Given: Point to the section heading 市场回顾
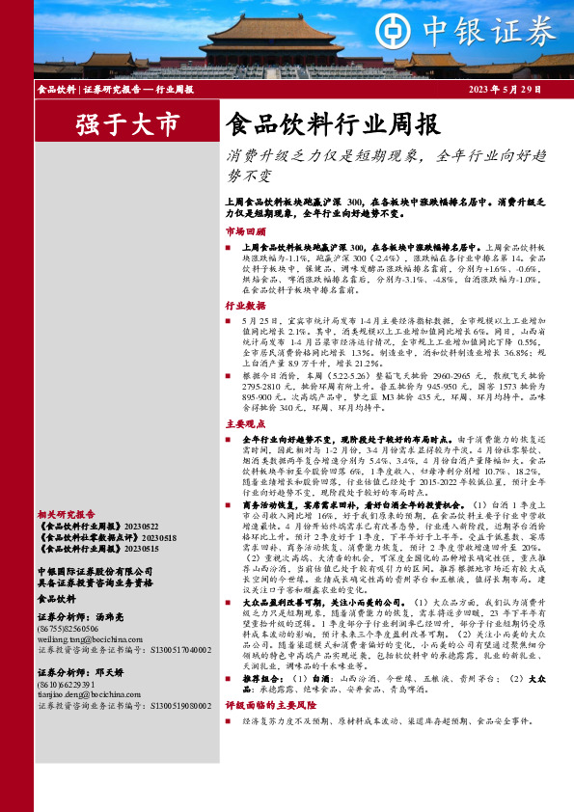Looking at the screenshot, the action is [x=245, y=232].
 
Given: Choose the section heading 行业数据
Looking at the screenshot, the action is [x=245, y=305].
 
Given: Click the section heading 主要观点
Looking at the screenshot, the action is [x=245, y=423].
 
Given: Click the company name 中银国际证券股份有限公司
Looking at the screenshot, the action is [x=93, y=572].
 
